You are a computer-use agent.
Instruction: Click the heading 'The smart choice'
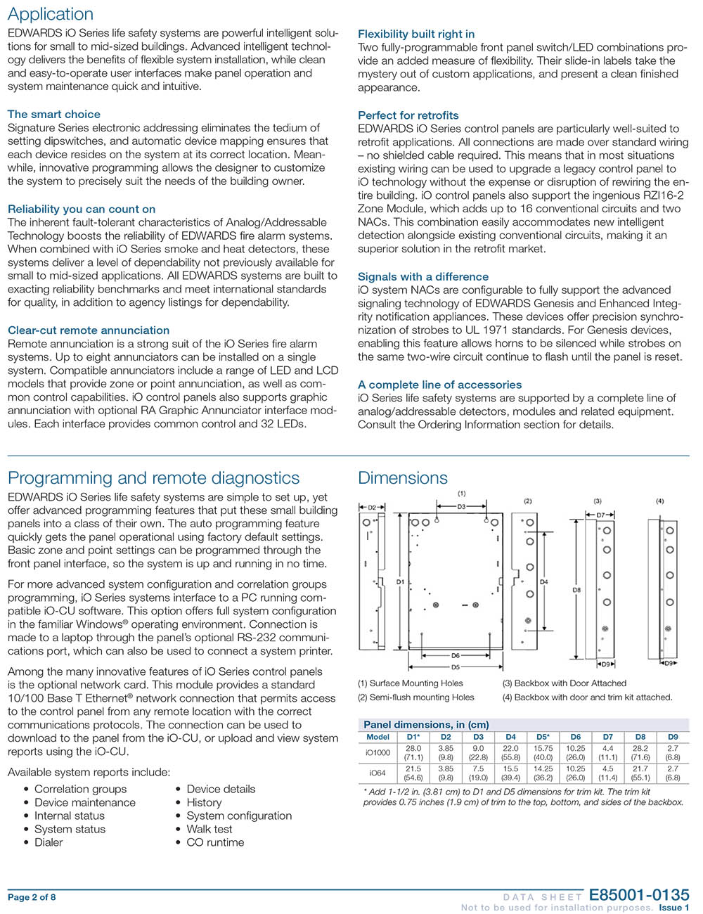point(54,114)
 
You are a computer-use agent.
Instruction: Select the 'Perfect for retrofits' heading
point(408,115)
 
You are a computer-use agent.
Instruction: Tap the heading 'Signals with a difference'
point(423,277)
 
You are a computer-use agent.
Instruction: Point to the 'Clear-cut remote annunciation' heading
point(89,330)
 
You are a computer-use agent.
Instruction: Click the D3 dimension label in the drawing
point(461,506)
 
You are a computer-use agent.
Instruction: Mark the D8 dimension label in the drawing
point(576,591)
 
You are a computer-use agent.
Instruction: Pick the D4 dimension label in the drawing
point(543,582)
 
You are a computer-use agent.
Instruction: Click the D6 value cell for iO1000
point(575,753)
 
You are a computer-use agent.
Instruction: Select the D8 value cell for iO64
point(640,773)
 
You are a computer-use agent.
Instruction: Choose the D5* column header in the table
point(543,737)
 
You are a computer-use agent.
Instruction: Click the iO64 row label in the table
point(378,773)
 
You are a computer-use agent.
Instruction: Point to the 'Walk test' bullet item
point(209,829)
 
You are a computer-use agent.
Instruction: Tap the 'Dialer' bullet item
point(49,842)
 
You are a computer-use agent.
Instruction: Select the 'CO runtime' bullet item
point(215,842)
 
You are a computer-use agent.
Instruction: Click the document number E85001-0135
point(638,895)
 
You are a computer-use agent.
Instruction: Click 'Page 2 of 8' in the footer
point(32,897)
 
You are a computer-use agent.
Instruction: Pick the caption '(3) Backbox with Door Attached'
point(564,683)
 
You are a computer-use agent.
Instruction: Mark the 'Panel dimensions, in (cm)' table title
point(426,724)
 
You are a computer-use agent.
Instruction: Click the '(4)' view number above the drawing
point(659,501)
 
